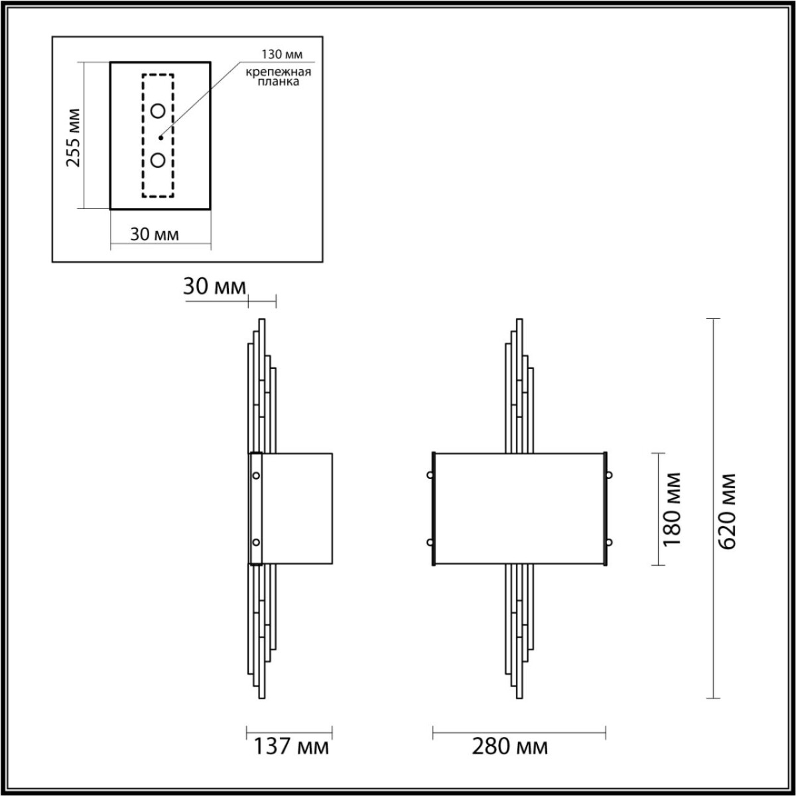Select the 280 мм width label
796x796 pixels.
click(x=509, y=747)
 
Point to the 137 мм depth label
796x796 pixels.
click(x=291, y=747)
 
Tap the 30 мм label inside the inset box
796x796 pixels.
click(x=154, y=234)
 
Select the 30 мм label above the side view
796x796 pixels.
click(x=214, y=287)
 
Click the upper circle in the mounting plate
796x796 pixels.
click(x=158, y=111)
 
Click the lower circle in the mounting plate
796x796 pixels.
click(x=158, y=160)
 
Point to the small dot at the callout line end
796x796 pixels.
click(x=161, y=138)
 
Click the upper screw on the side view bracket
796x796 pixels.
click(x=256, y=475)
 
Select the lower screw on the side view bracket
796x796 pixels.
click(x=256, y=543)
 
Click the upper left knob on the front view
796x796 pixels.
click(x=430, y=475)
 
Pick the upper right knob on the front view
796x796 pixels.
click(x=608, y=475)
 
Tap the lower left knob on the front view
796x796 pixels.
click(x=430, y=543)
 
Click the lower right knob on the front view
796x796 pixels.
click(x=608, y=543)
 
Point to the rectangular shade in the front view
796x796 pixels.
click(x=519, y=509)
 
